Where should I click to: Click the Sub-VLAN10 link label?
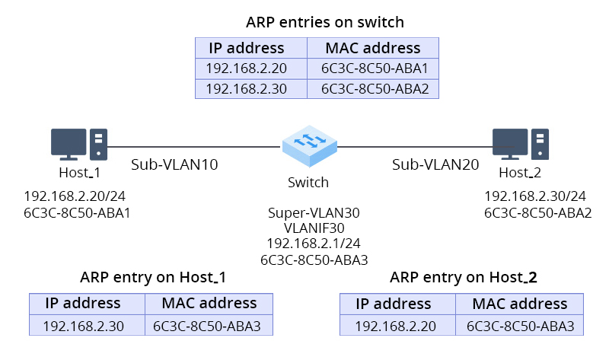point(174,164)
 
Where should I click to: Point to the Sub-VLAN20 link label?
point(435,164)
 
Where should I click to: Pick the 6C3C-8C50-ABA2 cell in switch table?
point(375,88)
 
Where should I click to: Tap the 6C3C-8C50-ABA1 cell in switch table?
point(375,68)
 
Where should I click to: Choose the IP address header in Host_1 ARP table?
point(83,303)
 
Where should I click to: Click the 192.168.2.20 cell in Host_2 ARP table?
point(396,325)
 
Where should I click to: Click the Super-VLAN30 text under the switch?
point(314,213)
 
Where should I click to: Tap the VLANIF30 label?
point(314,228)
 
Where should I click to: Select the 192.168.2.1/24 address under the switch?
point(314,244)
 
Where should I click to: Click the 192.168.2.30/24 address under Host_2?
point(535,196)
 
